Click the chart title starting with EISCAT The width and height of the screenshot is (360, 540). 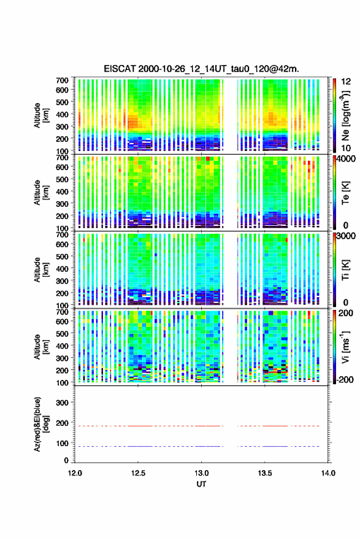[201, 69]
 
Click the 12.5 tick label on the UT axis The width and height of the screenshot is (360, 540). [138, 473]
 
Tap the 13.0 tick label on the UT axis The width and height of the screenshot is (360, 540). [201, 473]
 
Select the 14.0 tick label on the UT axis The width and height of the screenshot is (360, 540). [328, 473]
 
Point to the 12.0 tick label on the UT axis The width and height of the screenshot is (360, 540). [75, 473]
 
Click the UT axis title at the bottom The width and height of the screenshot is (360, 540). [201, 484]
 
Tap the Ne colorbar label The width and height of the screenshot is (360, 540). [346, 116]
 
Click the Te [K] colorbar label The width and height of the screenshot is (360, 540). [345, 193]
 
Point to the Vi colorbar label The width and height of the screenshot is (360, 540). [345, 347]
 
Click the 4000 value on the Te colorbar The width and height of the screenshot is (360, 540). [345, 159]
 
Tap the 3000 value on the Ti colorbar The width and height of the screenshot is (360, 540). [345, 236]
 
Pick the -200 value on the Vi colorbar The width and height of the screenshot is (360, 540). [344, 379]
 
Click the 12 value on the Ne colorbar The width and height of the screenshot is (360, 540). [346, 82]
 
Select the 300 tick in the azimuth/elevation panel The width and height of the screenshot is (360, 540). [62, 403]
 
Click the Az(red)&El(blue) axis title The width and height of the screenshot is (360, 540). [40, 424]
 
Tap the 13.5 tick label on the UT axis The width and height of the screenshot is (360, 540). [265, 473]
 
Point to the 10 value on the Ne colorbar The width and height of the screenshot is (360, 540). [346, 148]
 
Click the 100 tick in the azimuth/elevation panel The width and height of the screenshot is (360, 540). [62, 443]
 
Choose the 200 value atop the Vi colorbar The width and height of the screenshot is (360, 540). [346, 313]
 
